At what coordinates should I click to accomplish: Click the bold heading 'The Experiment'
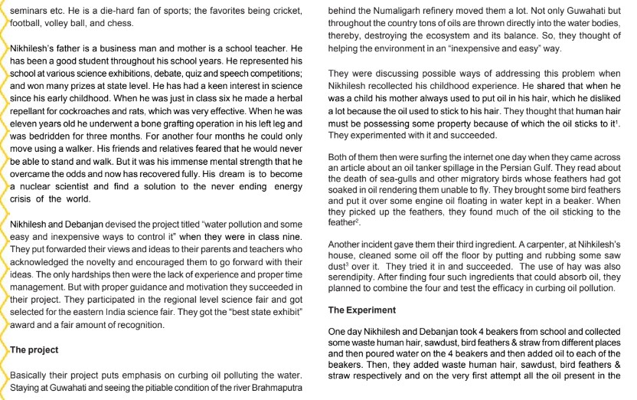(x=362, y=310)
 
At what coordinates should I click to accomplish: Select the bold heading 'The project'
(x=36, y=349)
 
